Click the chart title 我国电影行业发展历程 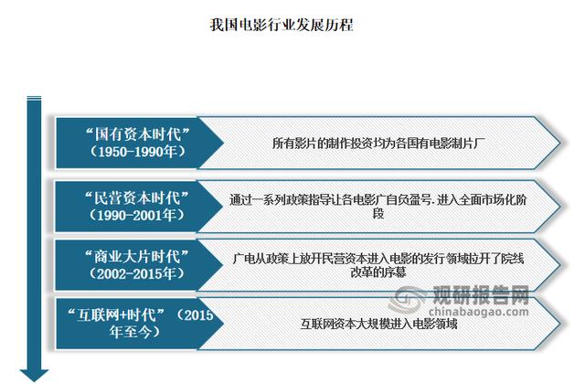[282, 25]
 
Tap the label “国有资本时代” [138, 134]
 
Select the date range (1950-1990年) [138, 152]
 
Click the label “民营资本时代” [137, 197]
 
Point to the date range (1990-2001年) [137, 215]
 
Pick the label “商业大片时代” [137, 257]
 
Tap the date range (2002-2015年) [137, 274]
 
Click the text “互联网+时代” [116, 315]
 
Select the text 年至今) [135, 331]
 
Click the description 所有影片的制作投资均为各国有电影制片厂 [378, 143]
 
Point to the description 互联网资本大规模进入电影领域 [379, 324]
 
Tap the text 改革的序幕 [378, 272]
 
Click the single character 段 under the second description [378, 213]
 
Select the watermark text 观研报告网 [482, 295]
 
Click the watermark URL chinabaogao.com [479, 312]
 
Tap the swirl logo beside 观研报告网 [409, 300]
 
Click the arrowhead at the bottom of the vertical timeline [35, 375]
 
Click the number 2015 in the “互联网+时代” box [198, 315]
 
